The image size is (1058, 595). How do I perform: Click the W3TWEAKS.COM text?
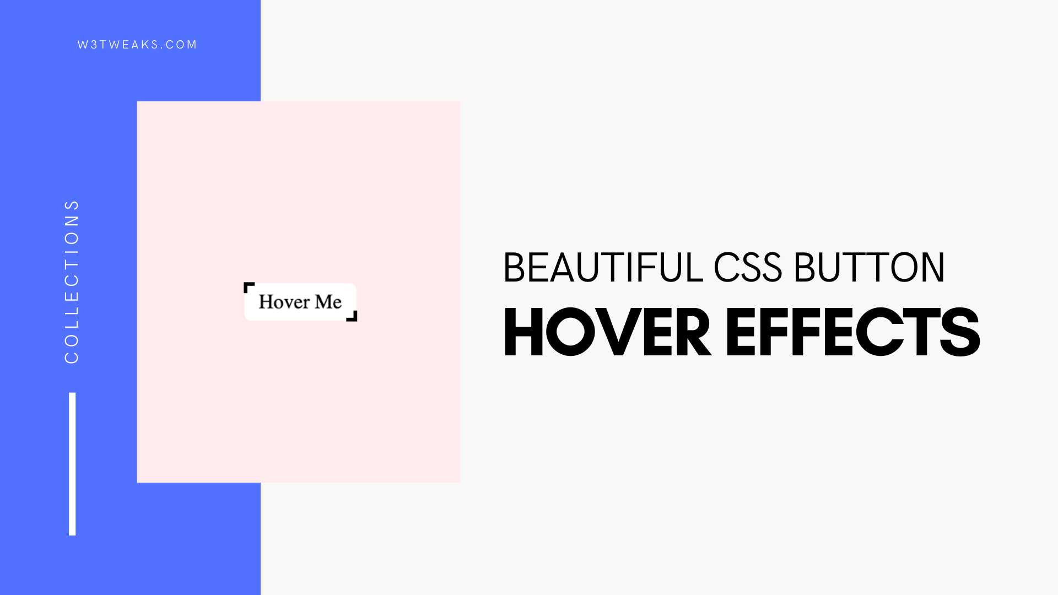[x=137, y=45]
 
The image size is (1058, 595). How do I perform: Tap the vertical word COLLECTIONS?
[x=72, y=282]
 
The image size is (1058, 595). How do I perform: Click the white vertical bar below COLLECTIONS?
[x=72, y=464]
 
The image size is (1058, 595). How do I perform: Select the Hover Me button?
[x=300, y=302]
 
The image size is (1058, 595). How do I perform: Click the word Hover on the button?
[x=284, y=302]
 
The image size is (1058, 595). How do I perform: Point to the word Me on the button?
[x=328, y=302]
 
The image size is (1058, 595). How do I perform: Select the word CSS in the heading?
[x=748, y=268]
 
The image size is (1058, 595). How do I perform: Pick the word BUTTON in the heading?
[x=870, y=268]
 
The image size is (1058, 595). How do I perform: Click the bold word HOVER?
[x=607, y=332]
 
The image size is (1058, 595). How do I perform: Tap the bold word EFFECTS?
[x=853, y=332]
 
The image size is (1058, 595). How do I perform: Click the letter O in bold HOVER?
[x=570, y=332]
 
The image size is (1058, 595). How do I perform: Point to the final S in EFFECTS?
[x=960, y=332]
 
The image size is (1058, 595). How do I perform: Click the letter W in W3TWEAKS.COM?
[x=83, y=45]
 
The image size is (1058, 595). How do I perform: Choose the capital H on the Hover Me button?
[x=266, y=301]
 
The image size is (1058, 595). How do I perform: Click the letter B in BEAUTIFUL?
[x=514, y=268]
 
